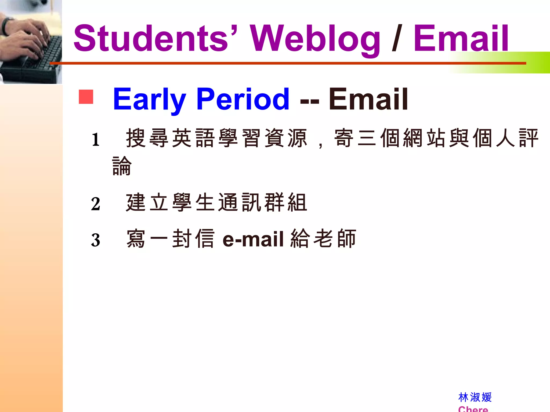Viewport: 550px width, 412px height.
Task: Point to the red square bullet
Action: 86,97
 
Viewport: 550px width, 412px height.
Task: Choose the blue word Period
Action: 243,99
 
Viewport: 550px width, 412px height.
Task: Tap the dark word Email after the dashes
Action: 368,99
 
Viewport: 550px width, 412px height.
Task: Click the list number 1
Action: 96,140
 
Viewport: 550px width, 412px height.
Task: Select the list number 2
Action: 96,204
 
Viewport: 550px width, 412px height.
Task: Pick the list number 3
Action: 96,240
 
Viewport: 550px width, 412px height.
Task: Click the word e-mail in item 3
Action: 253,239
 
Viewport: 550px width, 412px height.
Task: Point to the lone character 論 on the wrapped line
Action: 122,166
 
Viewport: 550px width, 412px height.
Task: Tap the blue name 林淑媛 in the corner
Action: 475,397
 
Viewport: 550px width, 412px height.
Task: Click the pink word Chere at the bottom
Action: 473,409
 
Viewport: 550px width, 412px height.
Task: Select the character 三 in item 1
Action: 367,138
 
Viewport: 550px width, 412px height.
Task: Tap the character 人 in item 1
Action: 506,138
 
